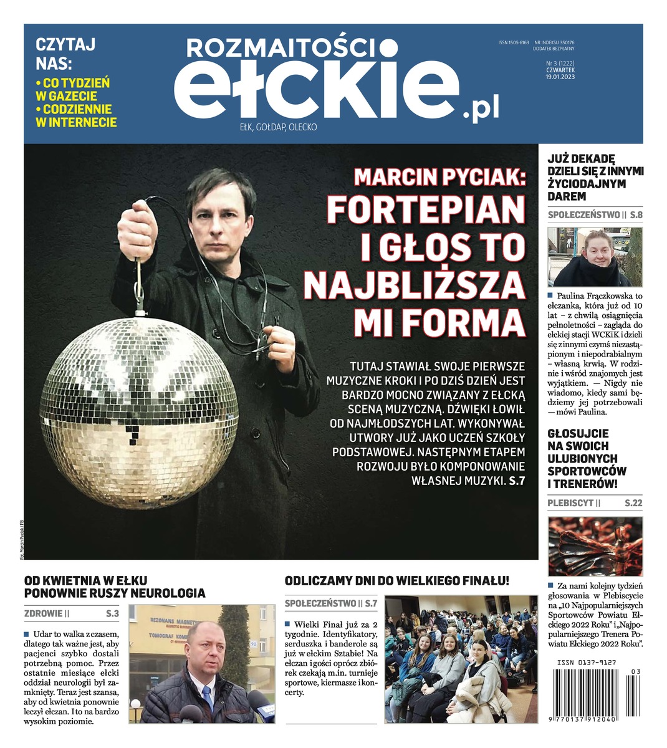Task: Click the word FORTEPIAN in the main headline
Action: pyautogui.click(x=426, y=210)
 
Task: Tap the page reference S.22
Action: pyautogui.click(x=633, y=503)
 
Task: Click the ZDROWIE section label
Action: pyautogui.click(x=44, y=613)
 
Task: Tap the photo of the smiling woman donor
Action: pyautogui.click(x=594, y=257)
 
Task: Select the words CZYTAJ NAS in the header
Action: pyautogui.click(x=65, y=54)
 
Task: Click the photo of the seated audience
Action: pyautogui.click(x=461, y=659)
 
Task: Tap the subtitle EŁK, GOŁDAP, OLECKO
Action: pyautogui.click(x=278, y=127)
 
